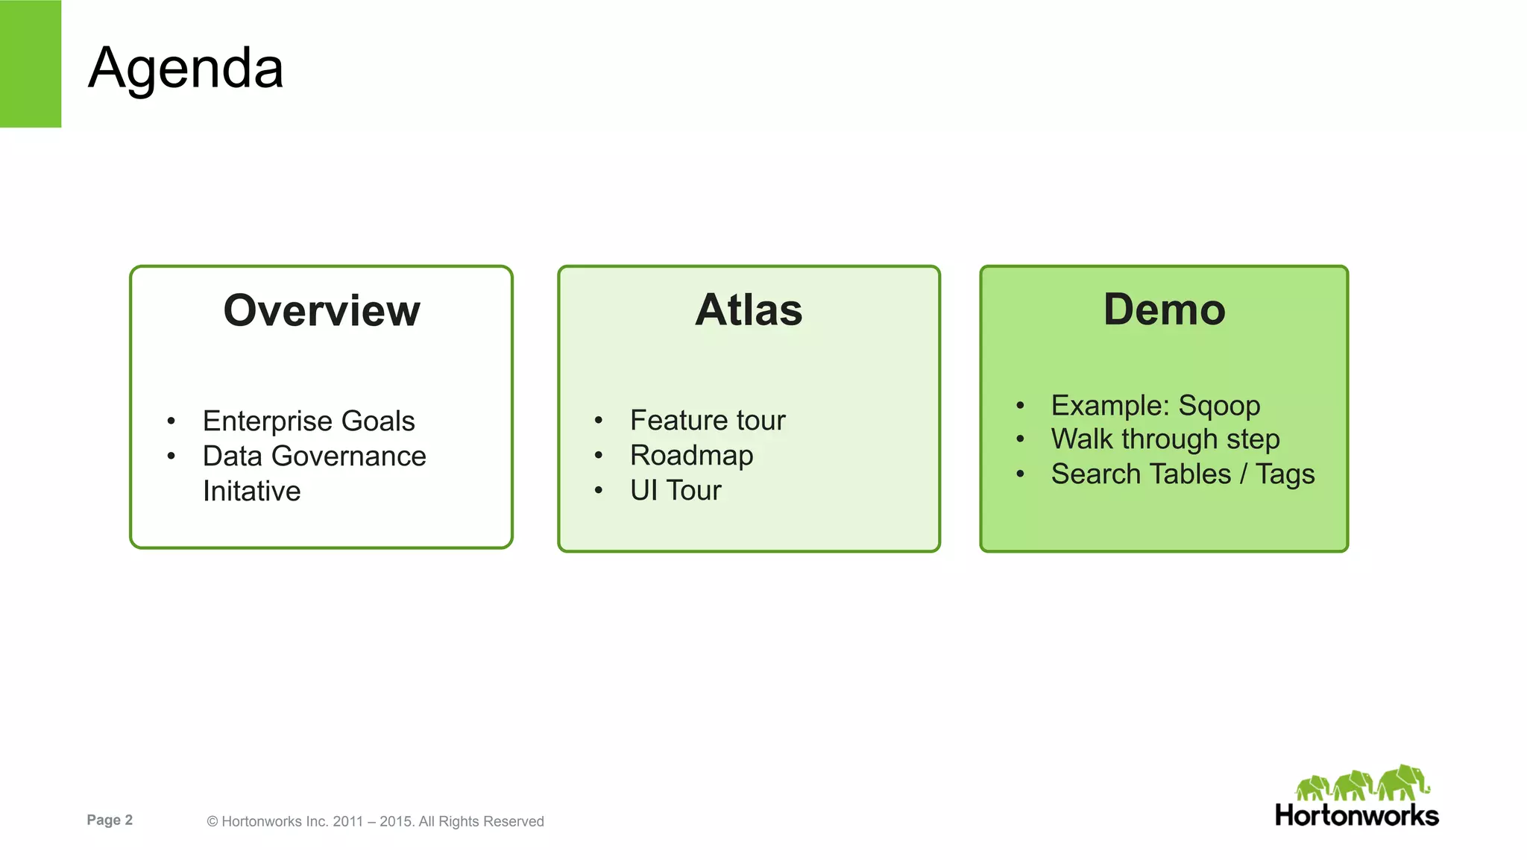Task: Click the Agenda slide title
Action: point(186,68)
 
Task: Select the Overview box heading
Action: point(321,310)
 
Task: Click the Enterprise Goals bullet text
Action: point(309,421)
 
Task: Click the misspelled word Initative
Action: point(251,491)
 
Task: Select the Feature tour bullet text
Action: point(708,421)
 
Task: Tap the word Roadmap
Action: point(691,455)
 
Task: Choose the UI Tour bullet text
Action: point(676,490)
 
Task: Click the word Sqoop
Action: point(1219,406)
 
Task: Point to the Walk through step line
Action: point(1165,439)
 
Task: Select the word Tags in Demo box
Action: point(1285,474)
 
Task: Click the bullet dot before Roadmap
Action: point(598,455)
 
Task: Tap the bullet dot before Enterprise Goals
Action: point(171,421)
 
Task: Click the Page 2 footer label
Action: point(110,820)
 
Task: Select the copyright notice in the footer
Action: point(375,821)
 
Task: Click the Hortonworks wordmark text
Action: point(1356,815)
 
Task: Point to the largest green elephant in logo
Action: point(1402,782)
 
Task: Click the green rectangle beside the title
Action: point(31,63)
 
